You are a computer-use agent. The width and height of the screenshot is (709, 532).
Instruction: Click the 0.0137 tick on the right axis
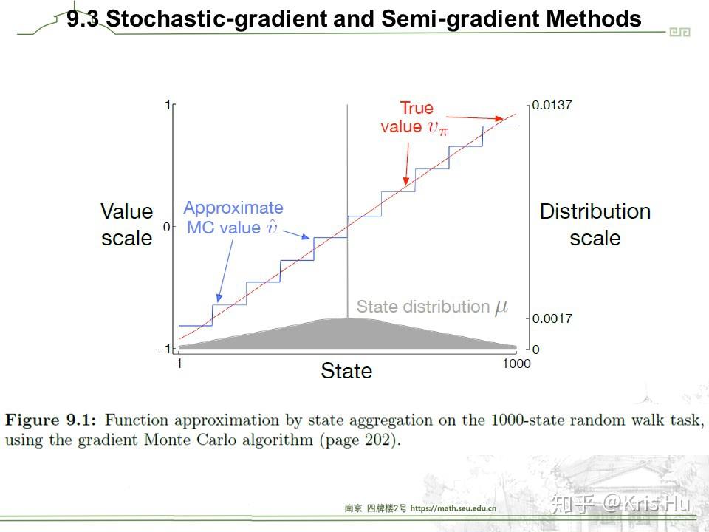(x=552, y=106)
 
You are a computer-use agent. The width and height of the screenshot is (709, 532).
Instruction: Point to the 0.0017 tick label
(x=552, y=318)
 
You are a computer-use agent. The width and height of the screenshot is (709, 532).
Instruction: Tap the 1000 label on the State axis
(x=516, y=364)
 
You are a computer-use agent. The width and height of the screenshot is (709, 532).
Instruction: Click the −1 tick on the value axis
(x=164, y=349)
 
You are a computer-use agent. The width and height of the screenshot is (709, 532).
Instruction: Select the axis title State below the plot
(x=346, y=370)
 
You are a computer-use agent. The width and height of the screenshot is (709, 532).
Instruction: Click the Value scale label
(x=127, y=225)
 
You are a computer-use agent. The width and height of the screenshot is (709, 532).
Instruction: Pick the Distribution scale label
(x=595, y=225)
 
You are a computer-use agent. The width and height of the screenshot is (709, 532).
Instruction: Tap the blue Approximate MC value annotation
(x=233, y=218)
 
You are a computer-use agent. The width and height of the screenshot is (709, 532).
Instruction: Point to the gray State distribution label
(x=432, y=307)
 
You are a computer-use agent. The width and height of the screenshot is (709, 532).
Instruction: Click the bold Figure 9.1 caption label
(x=50, y=420)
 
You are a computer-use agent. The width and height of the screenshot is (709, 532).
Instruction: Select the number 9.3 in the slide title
(x=82, y=19)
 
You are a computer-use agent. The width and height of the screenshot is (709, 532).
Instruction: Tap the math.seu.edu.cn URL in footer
(x=452, y=508)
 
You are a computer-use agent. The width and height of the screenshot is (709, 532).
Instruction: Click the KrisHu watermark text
(x=646, y=505)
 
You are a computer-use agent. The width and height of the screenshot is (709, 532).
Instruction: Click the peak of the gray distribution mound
(x=346, y=319)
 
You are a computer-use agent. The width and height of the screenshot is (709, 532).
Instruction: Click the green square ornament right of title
(x=679, y=32)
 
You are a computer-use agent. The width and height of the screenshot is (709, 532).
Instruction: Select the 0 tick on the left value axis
(x=166, y=227)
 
